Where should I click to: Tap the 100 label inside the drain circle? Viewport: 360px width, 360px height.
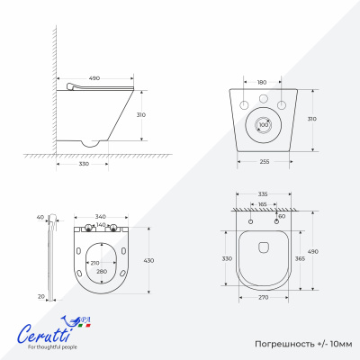tap(264, 125)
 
